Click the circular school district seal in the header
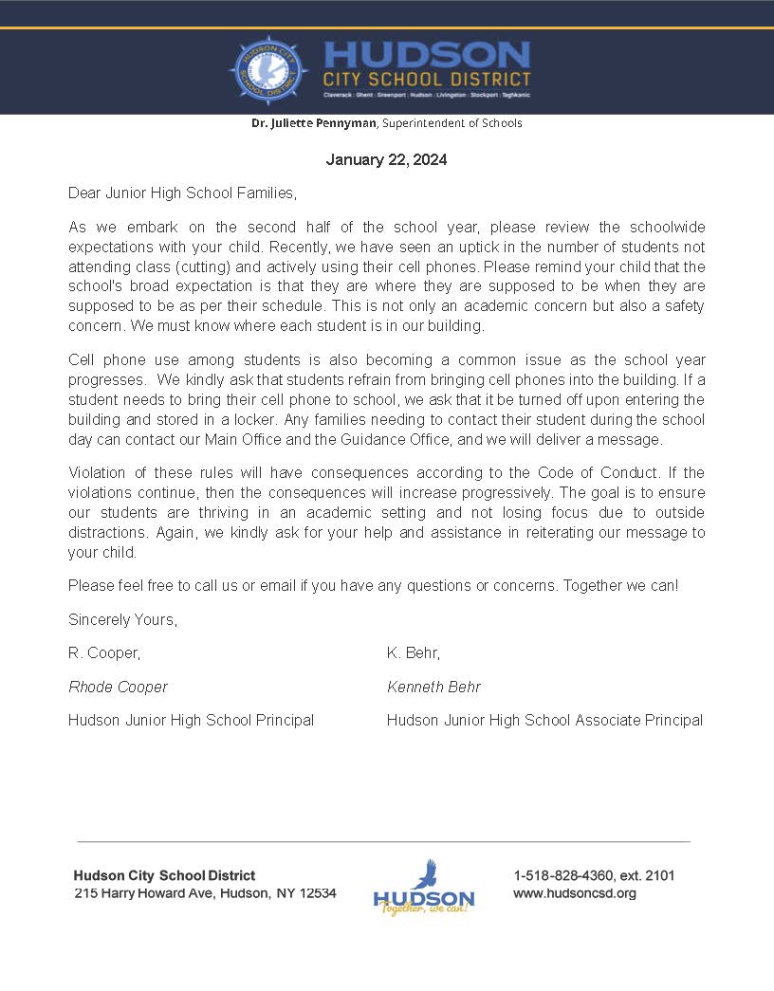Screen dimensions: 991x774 (x=269, y=71)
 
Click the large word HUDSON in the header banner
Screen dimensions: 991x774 (x=426, y=54)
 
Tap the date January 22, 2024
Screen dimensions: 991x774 (x=386, y=159)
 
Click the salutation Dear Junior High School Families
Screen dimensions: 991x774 (x=182, y=193)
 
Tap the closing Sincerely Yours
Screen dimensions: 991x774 (x=122, y=619)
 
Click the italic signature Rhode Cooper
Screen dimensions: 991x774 (x=118, y=687)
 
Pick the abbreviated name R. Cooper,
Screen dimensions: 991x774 (x=104, y=653)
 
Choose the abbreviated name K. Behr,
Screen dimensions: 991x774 (x=414, y=653)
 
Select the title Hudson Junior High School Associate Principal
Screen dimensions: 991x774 (x=544, y=720)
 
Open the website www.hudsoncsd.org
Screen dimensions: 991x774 (x=575, y=893)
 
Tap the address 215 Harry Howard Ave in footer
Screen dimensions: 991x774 (x=142, y=893)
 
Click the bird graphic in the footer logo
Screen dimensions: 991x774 (x=425, y=873)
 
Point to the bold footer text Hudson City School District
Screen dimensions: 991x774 (x=164, y=875)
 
